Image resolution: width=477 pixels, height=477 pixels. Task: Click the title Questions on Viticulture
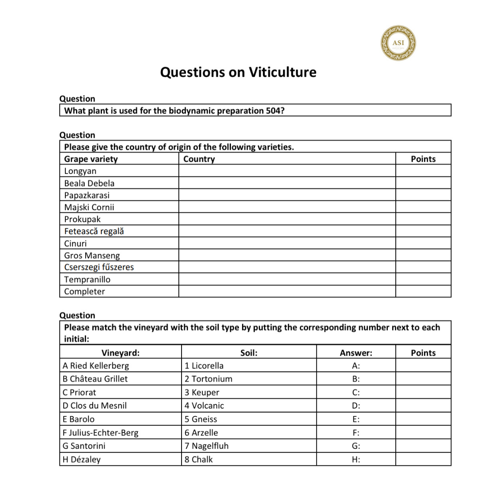coord(238,72)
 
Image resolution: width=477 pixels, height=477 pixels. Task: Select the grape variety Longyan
coord(80,171)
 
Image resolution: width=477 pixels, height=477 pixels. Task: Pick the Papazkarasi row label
coord(87,195)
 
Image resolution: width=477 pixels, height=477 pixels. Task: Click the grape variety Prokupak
coord(82,219)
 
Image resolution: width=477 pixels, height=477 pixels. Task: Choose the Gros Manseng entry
coord(92,255)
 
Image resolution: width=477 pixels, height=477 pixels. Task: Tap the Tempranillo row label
coord(87,280)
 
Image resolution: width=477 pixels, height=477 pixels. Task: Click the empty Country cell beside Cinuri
coord(287,243)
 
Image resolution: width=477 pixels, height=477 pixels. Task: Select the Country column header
coord(199,159)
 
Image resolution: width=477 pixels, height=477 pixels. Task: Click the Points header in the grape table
coord(423,159)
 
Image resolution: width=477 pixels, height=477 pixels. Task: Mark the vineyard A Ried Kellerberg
coord(96,366)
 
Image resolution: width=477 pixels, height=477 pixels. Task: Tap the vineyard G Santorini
coord(84,446)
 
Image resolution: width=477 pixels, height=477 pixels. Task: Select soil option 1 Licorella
coord(204,366)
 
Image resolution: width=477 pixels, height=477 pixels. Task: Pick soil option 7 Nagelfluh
coord(206,446)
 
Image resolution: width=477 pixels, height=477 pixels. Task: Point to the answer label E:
coord(356,419)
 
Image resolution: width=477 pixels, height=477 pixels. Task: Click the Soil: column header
coord(249,353)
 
